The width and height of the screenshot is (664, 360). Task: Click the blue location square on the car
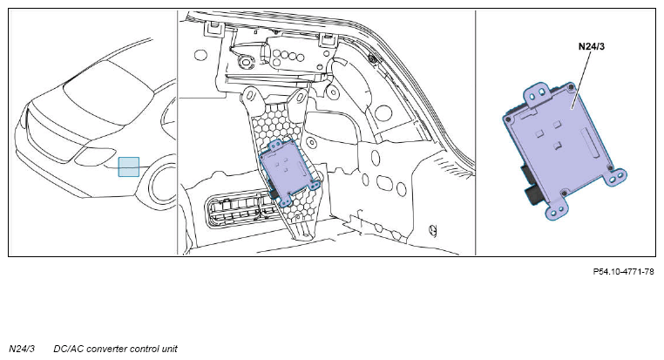(x=129, y=166)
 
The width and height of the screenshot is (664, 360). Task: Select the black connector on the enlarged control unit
(x=530, y=183)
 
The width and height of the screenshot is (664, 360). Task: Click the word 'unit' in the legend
(x=169, y=349)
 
